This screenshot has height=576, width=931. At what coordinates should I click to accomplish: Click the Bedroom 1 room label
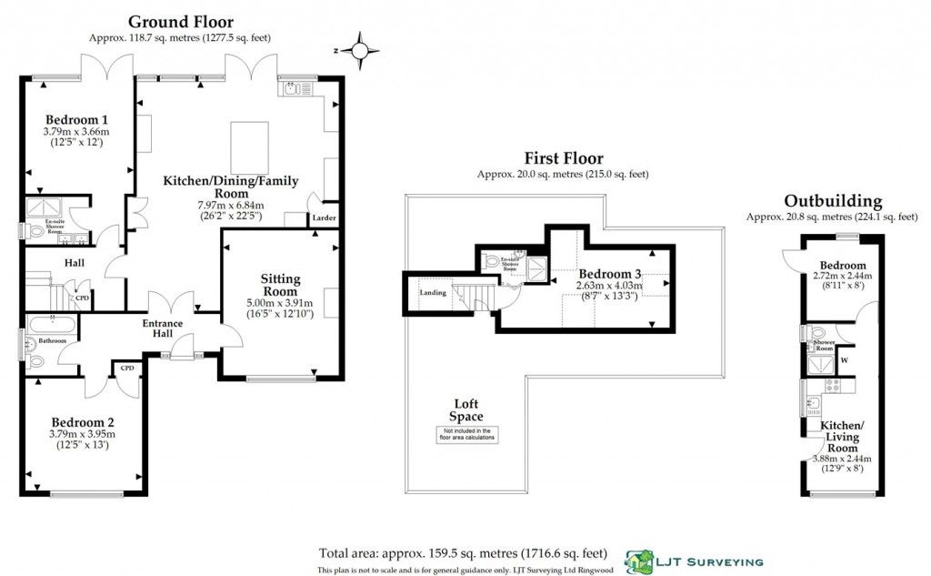tap(77, 119)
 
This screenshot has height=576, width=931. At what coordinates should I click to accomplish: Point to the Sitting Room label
tap(280, 285)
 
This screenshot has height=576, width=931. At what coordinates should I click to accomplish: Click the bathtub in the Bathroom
tap(53, 323)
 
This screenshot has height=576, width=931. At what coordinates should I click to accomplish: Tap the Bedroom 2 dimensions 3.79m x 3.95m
tap(83, 434)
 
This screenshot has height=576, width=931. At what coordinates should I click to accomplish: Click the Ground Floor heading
tap(180, 21)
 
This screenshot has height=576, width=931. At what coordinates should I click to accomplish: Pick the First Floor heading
tap(563, 158)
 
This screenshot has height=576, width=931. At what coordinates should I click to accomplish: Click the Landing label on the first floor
tap(432, 292)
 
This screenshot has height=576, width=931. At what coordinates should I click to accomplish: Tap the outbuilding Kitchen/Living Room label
tap(842, 437)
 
